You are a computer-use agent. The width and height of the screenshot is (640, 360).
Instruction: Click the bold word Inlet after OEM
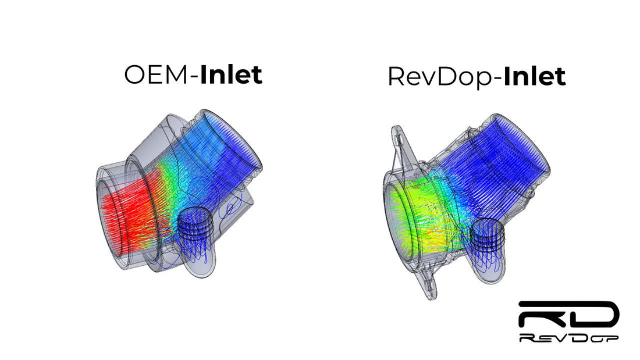click(x=231, y=74)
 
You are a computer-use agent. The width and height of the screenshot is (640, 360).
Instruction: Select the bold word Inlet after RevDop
click(x=535, y=76)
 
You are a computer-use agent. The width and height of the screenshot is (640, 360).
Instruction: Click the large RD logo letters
click(x=568, y=315)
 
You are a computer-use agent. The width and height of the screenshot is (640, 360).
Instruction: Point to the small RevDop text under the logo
click(x=568, y=337)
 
